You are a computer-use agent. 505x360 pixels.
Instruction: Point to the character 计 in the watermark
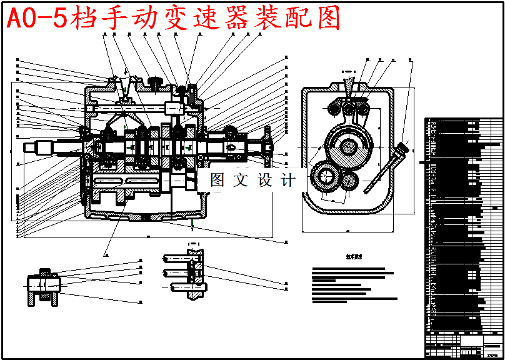(288, 181)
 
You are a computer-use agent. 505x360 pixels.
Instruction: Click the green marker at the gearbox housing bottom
(193, 221)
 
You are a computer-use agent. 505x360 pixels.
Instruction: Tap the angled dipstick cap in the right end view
(402, 149)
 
